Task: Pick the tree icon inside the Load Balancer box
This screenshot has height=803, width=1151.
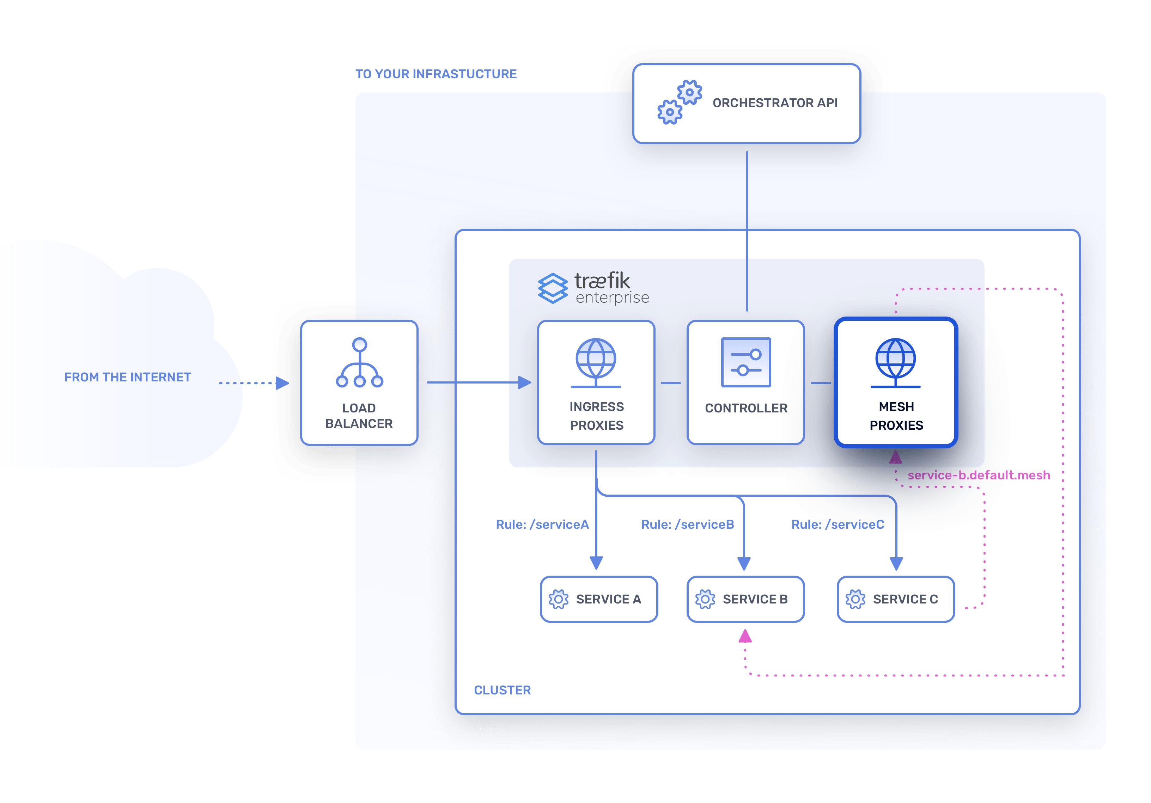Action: (359, 363)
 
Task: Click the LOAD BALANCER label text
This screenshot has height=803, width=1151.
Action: (359, 416)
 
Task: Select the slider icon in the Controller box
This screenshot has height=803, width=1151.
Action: (745, 362)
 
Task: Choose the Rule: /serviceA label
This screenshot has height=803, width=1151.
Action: (542, 524)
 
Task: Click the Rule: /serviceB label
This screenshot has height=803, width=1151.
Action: (687, 524)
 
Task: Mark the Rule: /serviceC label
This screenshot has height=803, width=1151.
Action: (837, 524)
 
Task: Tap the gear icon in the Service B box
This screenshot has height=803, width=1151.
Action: (705, 599)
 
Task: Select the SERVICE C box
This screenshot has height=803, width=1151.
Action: (895, 599)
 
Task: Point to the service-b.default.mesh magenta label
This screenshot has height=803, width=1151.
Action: (978, 475)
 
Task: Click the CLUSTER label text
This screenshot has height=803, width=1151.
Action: (502, 690)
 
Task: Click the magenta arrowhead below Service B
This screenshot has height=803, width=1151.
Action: (745, 637)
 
